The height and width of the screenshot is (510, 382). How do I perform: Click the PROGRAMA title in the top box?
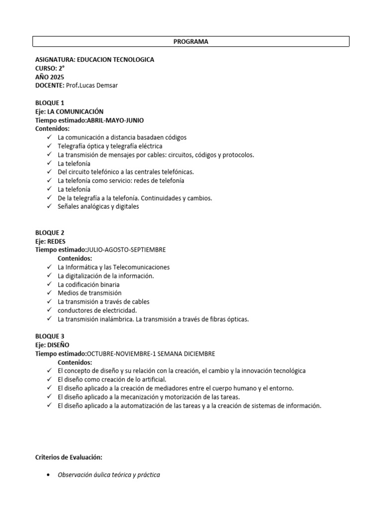(191, 42)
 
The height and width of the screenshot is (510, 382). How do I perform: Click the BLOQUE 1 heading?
(50, 103)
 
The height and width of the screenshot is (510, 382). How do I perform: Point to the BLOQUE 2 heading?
(50, 233)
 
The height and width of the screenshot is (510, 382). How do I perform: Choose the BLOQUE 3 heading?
(50, 336)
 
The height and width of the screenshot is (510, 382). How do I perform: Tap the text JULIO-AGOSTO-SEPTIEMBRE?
(126, 250)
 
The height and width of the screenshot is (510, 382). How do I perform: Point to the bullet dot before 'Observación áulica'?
(47, 475)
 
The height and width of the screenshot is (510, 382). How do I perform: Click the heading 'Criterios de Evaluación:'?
(69, 457)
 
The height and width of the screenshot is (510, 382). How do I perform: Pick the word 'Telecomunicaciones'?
(141, 267)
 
